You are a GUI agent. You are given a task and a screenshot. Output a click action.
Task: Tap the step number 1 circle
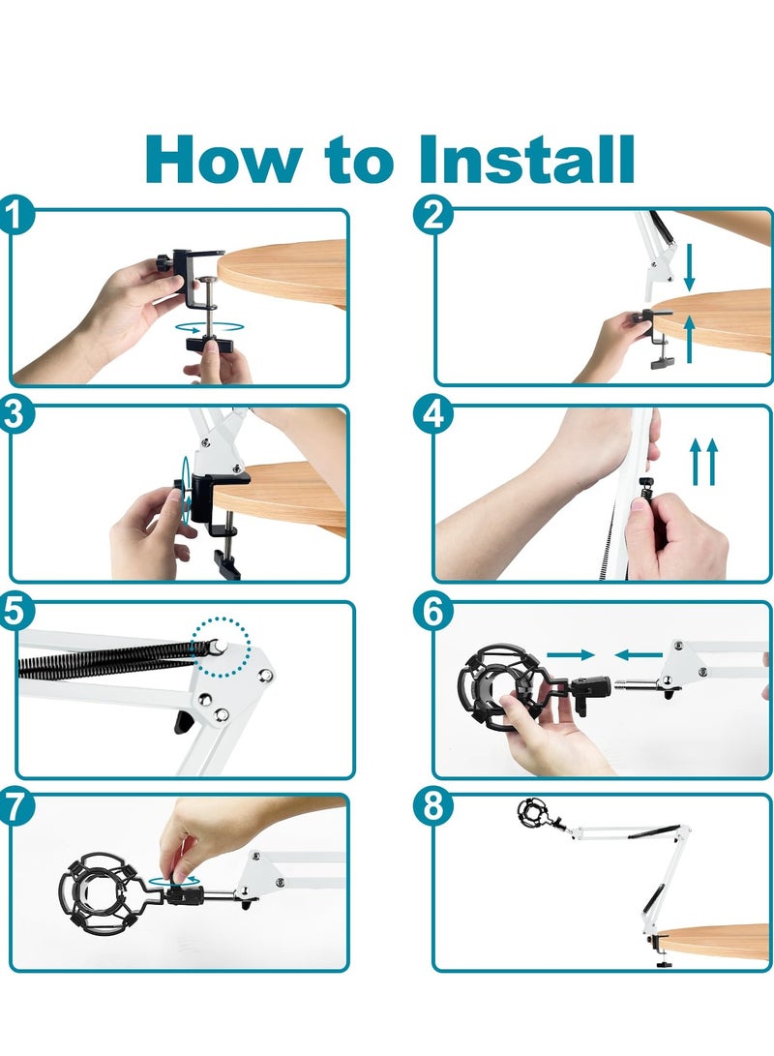pos(15,216)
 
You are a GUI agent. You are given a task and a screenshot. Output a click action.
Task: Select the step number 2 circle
pos(432,216)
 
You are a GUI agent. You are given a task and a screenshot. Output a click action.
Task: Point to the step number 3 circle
pos(15,413)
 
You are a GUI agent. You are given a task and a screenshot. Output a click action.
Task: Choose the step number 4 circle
pos(432,413)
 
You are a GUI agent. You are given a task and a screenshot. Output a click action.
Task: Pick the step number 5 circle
pos(15,610)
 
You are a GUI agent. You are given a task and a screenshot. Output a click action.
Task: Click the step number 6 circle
pos(432,610)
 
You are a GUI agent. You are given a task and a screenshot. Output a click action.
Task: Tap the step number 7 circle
pos(15,806)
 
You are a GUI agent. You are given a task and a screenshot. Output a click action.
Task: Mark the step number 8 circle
pos(432,806)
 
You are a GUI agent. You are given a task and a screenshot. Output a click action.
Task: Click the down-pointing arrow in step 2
pos(689,268)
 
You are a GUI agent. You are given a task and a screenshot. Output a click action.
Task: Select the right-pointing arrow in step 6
pos(571,654)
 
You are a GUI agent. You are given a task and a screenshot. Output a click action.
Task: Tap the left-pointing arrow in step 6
pos(639,654)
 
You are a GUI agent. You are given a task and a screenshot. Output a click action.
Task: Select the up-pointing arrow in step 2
pos(689,340)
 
